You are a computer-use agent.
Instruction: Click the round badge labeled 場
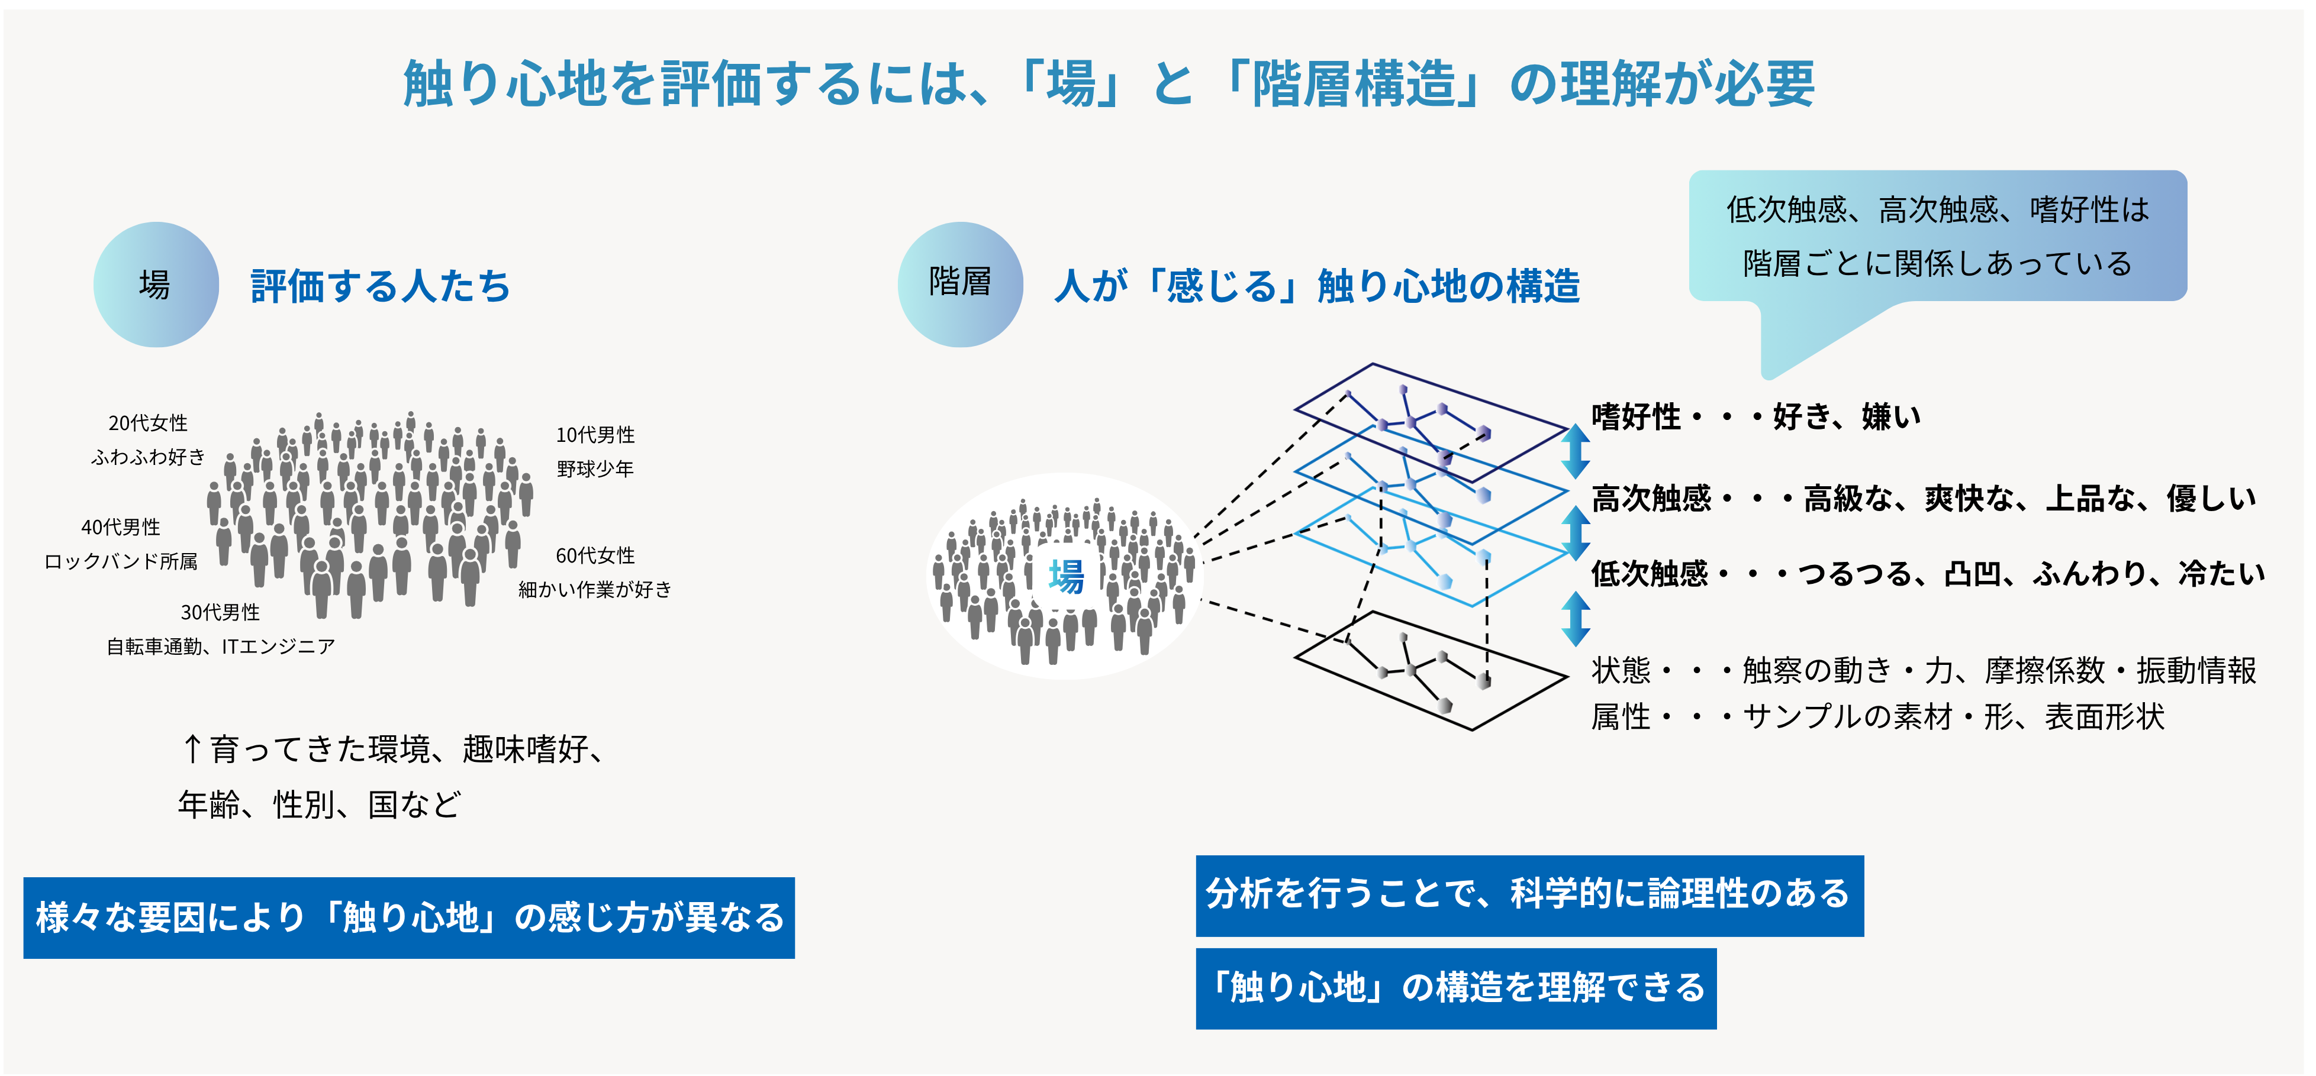(156, 284)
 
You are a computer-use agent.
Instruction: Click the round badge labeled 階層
(960, 284)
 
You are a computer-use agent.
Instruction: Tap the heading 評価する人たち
(381, 286)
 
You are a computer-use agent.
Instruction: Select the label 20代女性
(149, 422)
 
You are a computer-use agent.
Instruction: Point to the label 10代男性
(595, 435)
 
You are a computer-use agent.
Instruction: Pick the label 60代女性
(595, 555)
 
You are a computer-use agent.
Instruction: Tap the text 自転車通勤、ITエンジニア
(220, 647)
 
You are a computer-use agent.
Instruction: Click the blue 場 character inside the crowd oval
(1067, 576)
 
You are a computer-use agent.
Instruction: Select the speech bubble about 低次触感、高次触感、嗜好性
(1937, 235)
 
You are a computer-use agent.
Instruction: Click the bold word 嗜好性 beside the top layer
(1635, 417)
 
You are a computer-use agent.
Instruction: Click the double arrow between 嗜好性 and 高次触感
(1575, 451)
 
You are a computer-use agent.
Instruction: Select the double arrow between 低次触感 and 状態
(1575, 619)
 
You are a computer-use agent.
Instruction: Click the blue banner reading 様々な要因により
(409, 918)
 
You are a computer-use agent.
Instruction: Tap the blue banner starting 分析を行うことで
(1529, 896)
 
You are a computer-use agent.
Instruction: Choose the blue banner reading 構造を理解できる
(1455, 988)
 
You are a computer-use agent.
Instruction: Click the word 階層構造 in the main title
(1353, 83)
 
